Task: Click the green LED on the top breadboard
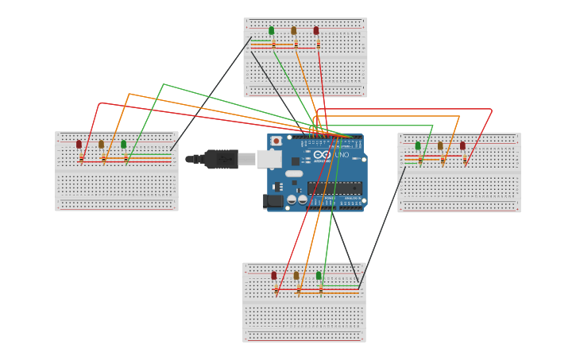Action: point(271,31)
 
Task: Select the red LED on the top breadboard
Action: point(316,31)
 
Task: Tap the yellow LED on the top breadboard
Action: point(293,31)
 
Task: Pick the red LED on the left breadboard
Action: point(79,145)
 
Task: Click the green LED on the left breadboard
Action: point(123,145)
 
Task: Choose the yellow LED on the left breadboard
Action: point(101,145)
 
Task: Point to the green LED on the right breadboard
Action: point(418,146)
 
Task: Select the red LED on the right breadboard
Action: point(462,146)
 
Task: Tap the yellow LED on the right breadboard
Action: point(440,146)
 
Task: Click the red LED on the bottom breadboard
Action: point(274,276)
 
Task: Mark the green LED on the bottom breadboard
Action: point(319,276)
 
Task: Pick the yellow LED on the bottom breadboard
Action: point(296,276)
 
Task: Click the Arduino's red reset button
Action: point(276,141)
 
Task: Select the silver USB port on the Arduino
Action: point(269,159)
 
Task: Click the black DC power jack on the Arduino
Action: point(274,201)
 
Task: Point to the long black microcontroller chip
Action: point(334,188)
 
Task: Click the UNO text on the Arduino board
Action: point(341,155)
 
